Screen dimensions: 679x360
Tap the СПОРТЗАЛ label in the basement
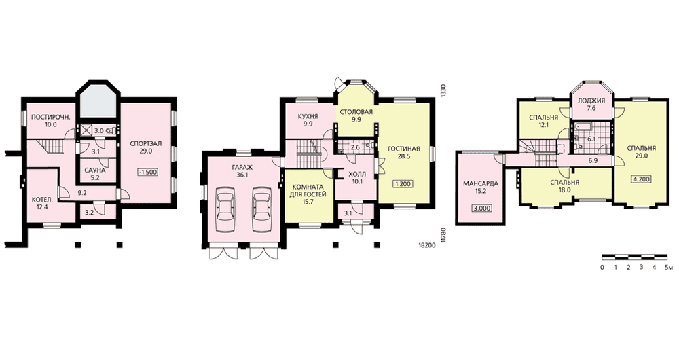[145, 143]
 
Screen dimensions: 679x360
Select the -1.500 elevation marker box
[147, 172]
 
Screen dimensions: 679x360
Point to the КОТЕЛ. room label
[42, 200]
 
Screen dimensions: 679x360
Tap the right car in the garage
[261, 204]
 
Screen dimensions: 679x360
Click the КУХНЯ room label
[308, 116]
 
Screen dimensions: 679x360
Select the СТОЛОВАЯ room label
[356, 112]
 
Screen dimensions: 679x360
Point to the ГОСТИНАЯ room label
[403, 149]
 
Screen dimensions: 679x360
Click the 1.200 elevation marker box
[403, 184]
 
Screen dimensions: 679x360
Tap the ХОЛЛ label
[357, 174]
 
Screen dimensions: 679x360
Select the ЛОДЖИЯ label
[591, 101]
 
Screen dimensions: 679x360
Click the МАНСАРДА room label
[481, 183]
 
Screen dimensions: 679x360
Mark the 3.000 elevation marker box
[482, 209]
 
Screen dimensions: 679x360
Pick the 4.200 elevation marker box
[642, 179]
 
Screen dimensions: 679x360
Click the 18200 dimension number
[427, 245]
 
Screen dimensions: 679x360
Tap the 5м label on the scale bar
[669, 267]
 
